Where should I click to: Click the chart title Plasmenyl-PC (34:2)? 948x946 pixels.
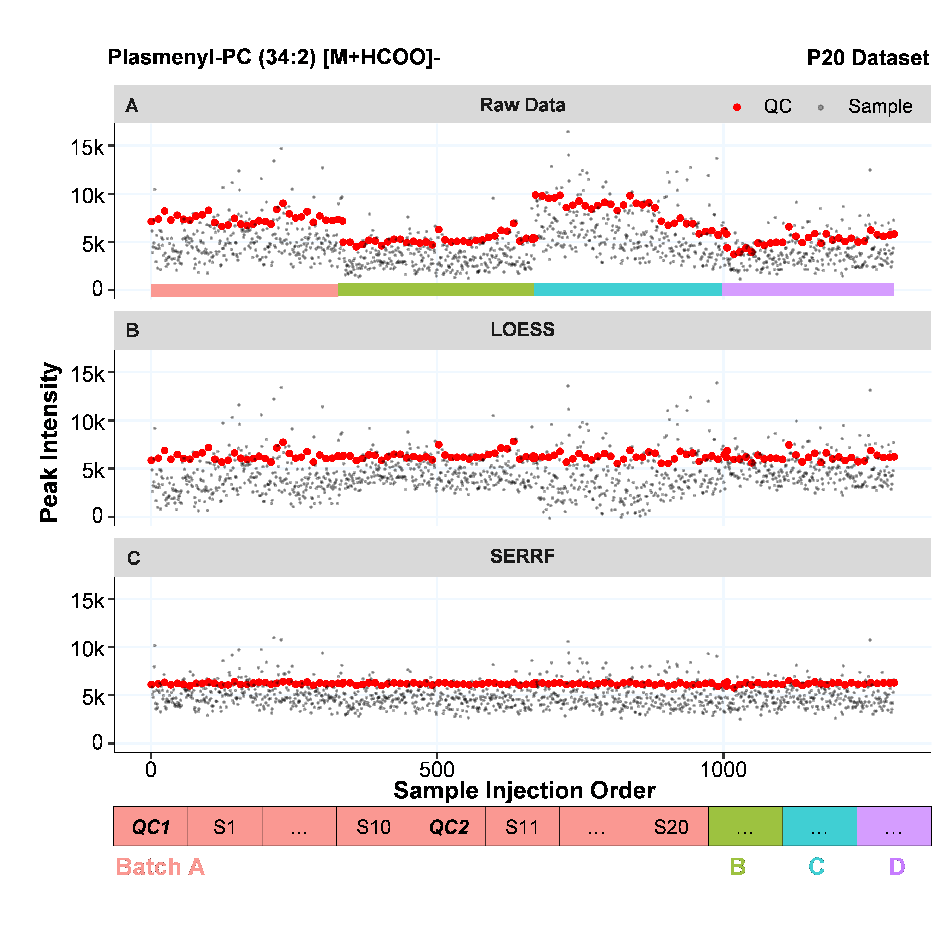(x=274, y=58)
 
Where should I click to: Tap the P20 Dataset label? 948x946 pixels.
(x=867, y=58)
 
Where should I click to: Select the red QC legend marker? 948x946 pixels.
(x=737, y=107)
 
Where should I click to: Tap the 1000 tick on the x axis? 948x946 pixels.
(x=723, y=770)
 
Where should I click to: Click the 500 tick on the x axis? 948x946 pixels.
(x=437, y=770)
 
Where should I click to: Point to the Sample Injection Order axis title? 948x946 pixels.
(x=524, y=791)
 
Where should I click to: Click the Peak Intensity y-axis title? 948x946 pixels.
(x=50, y=442)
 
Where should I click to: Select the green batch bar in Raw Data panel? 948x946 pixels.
(x=436, y=290)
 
